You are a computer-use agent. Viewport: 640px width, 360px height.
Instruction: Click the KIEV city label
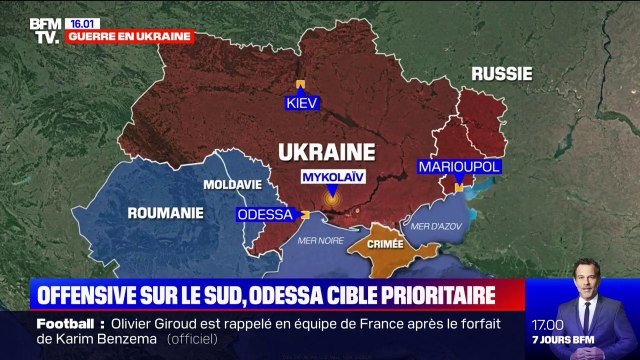(300, 103)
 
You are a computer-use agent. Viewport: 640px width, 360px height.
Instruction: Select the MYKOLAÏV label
(333, 177)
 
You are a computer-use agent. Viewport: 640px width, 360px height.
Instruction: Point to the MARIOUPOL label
(457, 166)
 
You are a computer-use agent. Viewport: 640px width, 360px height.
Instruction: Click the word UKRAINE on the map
(325, 151)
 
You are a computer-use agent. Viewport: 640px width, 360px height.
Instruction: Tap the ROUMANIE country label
(165, 212)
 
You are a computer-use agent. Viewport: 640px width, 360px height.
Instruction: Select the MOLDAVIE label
(232, 185)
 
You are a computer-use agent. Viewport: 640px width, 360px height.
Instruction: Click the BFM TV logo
(44, 30)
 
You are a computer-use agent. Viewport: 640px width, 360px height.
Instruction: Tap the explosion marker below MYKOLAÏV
(333, 200)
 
